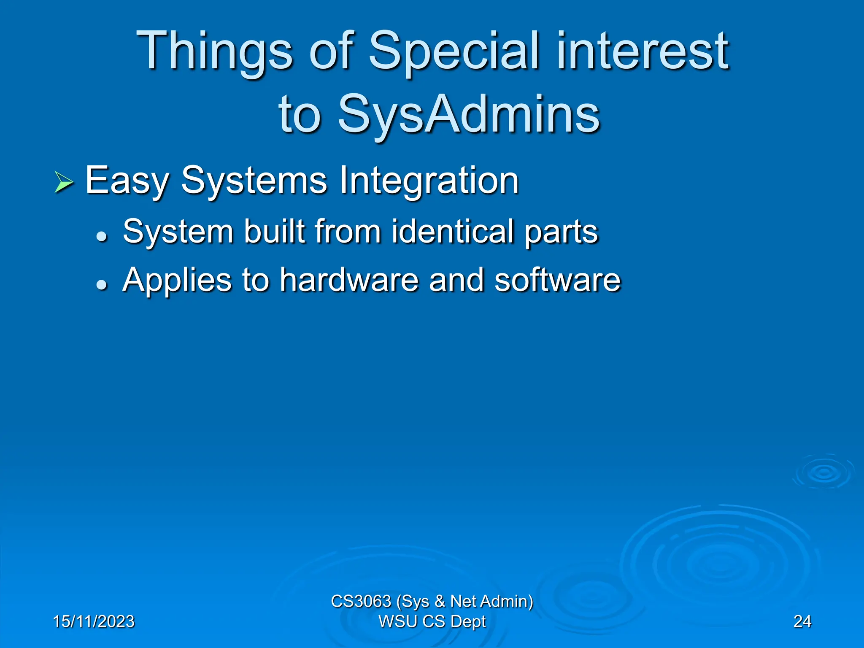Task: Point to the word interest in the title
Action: tap(642, 51)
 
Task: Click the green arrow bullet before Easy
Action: tap(64, 183)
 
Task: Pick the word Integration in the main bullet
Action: tap(429, 181)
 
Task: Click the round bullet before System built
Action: tap(101, 237)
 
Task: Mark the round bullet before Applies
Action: tap(101, 285)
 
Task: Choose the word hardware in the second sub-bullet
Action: tap(349, 280)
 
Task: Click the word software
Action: tap(557, 280)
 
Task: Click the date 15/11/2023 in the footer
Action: tap(94, 621)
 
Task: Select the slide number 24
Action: tap(802, 621)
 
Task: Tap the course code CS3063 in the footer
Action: tap(361, 601)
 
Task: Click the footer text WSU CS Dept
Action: tap(432, 621)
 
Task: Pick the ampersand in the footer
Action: tap(439, 601)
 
